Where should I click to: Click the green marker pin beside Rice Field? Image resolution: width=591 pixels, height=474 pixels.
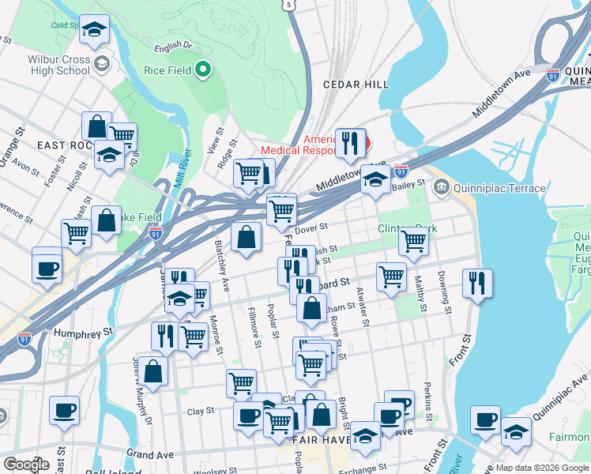(203, 70)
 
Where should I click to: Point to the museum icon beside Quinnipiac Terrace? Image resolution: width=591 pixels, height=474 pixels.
(441, 188)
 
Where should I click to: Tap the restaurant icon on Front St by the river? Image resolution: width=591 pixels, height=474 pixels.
(477, 283)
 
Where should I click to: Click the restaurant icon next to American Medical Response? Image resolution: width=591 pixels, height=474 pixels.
(350, 143)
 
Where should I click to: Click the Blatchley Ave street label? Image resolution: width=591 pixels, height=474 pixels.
(222, 265)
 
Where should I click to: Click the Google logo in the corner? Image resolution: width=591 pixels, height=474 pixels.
(26, 465)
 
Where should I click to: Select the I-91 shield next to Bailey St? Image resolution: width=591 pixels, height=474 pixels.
(401, 171)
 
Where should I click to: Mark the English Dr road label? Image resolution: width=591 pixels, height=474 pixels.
(174, 47)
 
